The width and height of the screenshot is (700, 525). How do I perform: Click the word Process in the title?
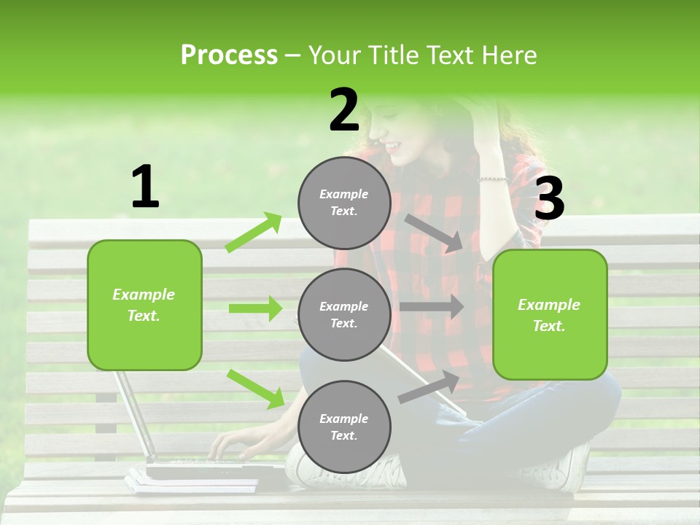click(x=229, y=55)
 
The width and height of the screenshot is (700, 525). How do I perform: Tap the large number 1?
click(x=145, y=187)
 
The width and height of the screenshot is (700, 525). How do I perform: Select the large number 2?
click(x=344, y=110)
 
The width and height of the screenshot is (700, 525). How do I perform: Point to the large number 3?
click(x=550, y=199)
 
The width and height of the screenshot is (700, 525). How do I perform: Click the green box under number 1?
click(x=144, y=305)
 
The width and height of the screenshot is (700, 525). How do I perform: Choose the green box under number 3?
click(x=550, y=314)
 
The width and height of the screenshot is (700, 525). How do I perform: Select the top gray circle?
click(x=344, y=203)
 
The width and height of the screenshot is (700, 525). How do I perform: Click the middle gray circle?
click(x=344, y=314)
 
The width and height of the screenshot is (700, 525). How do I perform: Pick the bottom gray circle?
click(x=344, y=427)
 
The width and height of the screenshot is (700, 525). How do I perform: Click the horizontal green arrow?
click(x=255, y=308)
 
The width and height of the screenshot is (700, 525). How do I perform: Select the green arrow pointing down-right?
click(x=256, y=388)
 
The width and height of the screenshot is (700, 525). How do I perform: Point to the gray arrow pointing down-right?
click(x=435, y=233)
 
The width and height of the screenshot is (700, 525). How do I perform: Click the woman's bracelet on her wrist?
click(x=492, y=179)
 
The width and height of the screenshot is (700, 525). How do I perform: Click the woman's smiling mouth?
click(x=393, y=146)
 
